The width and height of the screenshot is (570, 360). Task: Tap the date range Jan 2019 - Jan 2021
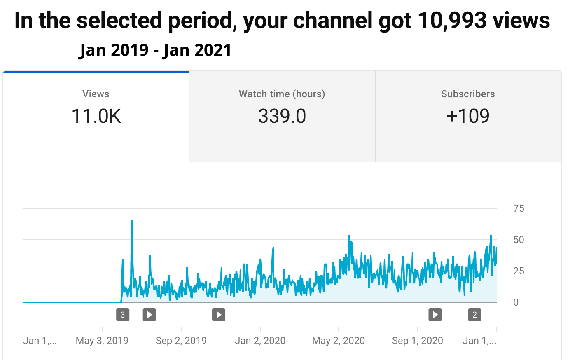[x=155, y=50]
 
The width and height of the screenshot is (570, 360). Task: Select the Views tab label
[x=96, y=94]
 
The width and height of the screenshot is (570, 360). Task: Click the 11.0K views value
[x=96, y=116]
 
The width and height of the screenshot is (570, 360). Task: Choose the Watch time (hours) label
[x=282, y=94]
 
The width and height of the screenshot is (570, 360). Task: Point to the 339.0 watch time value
[x=282, y=116]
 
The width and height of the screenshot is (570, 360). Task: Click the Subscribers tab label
[x=468, y=94]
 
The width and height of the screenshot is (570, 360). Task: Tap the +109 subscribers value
[x=468, y=116]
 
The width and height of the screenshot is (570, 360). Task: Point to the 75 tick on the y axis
[x=519, y=208]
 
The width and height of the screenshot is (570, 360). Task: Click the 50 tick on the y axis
[x=519, y=240]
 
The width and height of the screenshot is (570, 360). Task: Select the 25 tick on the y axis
[x=519, y=271]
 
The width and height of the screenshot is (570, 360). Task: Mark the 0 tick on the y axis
[x=516, y=302]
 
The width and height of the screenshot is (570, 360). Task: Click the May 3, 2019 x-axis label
[x=102, y=341]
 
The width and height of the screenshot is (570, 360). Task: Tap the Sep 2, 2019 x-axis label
[x=181, y=341]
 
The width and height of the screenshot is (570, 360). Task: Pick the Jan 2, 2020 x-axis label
[x=260, y=341]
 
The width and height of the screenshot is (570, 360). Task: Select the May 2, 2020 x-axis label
[x=339, y=341]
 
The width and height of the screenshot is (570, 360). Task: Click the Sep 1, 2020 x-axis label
[x=417, y=341]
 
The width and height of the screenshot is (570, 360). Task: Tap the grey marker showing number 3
[x=123, y=315]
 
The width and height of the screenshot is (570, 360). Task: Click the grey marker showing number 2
[x=474, y=315]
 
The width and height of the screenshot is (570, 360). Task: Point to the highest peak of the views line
[x=132, y=221]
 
